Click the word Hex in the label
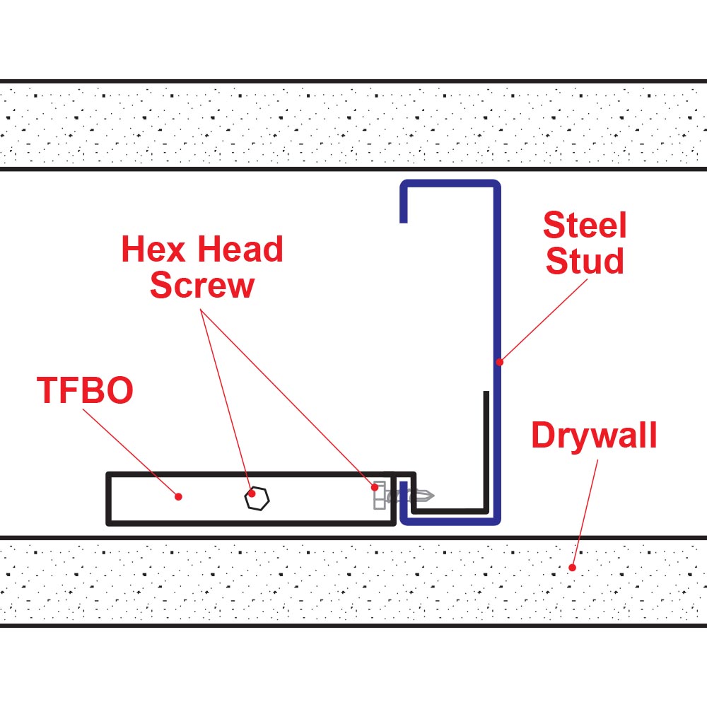(x=153, y=250)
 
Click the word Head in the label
(x=240, y=250)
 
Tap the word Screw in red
(x=202, y=286)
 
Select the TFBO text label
(x=85, y=390)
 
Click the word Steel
(x=585, y=225)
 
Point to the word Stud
(x=585, y=261)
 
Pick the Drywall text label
(x=595, y=435)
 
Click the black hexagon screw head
(x=257, y=498)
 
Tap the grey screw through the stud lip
(x=404, y=496)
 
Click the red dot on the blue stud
(x=500, y=362)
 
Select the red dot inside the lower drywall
(x=572, y=568)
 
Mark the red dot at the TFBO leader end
(x=179, y=496)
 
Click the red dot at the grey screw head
(x=375, y=487)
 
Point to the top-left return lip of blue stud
(x=404, y=202)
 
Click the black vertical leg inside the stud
(x=486, y=451)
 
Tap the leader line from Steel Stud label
(x=543, y=320)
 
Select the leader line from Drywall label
(x=585, y=513)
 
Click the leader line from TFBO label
(x=131, y=452)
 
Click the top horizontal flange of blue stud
(x=450, y=184)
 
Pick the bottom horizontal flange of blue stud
(x=450, y=521)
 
